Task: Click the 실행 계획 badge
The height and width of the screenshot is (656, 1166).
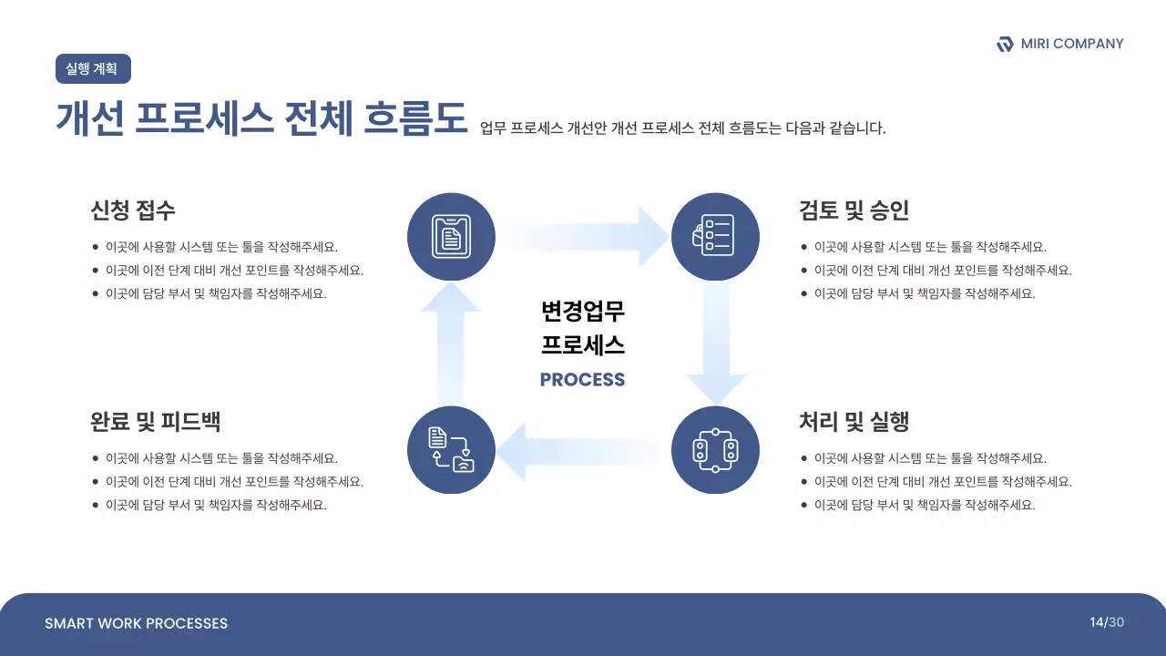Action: (93, 69)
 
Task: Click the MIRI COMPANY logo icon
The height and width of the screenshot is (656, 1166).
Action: (1005, 44)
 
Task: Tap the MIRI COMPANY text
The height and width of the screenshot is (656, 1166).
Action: (1072, 44)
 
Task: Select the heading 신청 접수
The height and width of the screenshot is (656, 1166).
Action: (133, 210)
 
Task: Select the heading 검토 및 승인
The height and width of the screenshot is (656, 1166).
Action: (854, 210)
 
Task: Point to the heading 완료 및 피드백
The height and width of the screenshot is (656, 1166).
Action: (155, 422)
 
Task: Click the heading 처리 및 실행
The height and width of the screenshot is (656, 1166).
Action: (854, 422)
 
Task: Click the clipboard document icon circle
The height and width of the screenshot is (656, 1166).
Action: (451, 237)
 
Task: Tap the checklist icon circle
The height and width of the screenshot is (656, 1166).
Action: (715, 237)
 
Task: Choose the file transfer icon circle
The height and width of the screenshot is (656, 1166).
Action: (451, 450)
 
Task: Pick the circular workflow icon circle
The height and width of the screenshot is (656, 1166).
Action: (715, 450)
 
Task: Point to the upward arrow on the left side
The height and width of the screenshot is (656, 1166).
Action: (451, 342)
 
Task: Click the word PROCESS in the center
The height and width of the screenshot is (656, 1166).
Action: (582, 380)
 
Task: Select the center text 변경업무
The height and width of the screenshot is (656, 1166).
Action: (582, 312)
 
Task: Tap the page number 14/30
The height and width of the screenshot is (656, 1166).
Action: (1107, 622)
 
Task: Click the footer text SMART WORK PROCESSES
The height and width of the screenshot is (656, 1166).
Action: (136, 623)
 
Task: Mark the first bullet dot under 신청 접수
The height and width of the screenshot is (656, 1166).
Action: (96, 247)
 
